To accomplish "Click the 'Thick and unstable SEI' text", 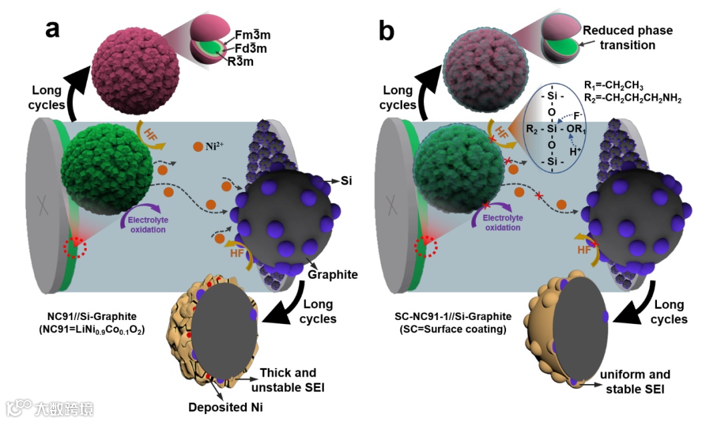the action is coord(288,379).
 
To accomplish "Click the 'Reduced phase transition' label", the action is coord(627,38).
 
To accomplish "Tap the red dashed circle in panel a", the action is coord(74,248).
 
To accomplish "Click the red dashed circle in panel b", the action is coord(427,249).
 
